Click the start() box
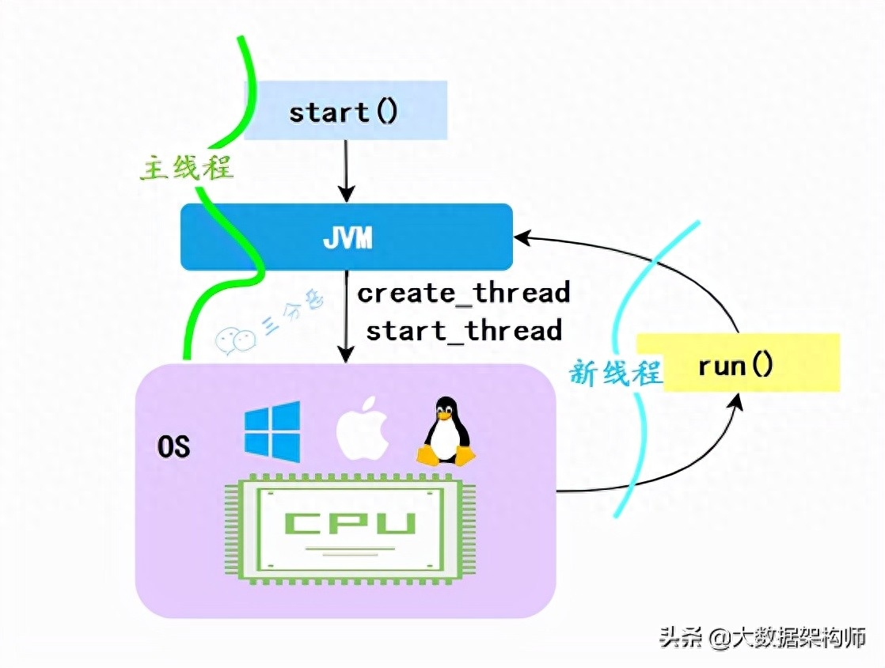[x=346, y=112]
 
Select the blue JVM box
[x=347, y=237]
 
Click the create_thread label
[x=464, y=293]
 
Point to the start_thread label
[x=464, y=329]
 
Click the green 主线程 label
[x=188, y=168]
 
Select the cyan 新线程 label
[x=615, y=372]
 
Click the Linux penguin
[x=446, y=434]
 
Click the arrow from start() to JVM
[x=346, y=170]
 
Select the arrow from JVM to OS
[x=346, y=317]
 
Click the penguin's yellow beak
[x=446, y=415]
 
